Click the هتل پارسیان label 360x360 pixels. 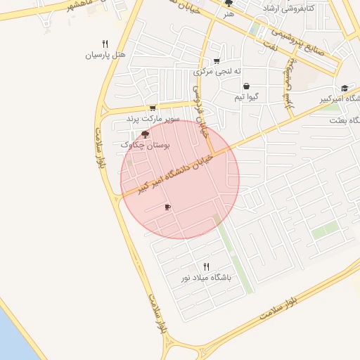point(105,54)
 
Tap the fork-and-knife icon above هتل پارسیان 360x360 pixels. point(105,43)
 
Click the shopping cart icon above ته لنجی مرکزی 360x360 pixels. point(216,60)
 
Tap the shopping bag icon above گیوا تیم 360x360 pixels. point(246,86)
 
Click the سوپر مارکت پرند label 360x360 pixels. point(153,120)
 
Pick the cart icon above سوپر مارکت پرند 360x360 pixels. point(153,108)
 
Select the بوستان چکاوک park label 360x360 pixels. point(146,144)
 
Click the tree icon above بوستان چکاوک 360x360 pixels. point(146,134)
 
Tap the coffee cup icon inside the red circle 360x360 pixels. point(167,207)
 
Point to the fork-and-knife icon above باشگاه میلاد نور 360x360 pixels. point(206,266)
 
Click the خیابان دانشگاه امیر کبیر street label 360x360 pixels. point(176,174)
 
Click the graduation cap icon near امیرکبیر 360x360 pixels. point(345,88)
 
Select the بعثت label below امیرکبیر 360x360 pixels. point(345,120)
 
